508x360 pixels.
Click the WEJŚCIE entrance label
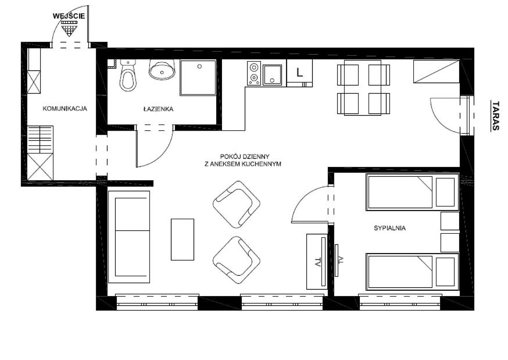tap(69, 16)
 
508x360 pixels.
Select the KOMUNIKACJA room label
tap(65, 109)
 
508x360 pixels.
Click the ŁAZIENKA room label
tap(158, 109)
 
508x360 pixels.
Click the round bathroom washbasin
tap(162, 69)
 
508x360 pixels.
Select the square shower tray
tap(198, 78)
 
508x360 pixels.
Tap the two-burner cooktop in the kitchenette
tap(253, 73)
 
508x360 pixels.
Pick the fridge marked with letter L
tap(299, 73)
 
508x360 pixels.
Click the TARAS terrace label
tap(495, 116)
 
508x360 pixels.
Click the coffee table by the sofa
tap(183, 240)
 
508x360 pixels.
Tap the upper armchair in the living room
tap(237, 204)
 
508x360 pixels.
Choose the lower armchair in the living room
tap(237, 260)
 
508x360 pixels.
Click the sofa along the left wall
tap(129, 237)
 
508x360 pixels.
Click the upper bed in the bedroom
tap(413, 192)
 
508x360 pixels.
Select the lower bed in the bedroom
tap(413, 272)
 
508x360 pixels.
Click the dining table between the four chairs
tap(363, 87)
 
